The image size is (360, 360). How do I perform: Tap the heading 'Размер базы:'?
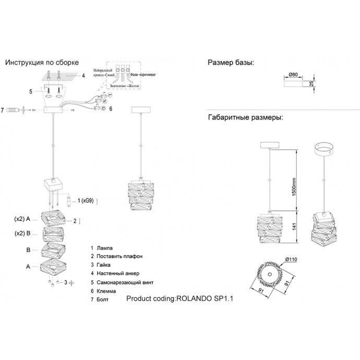coord(231,63)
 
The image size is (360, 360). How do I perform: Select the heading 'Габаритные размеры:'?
coord(245,118)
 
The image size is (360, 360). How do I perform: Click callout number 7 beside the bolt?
coord(3,110)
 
